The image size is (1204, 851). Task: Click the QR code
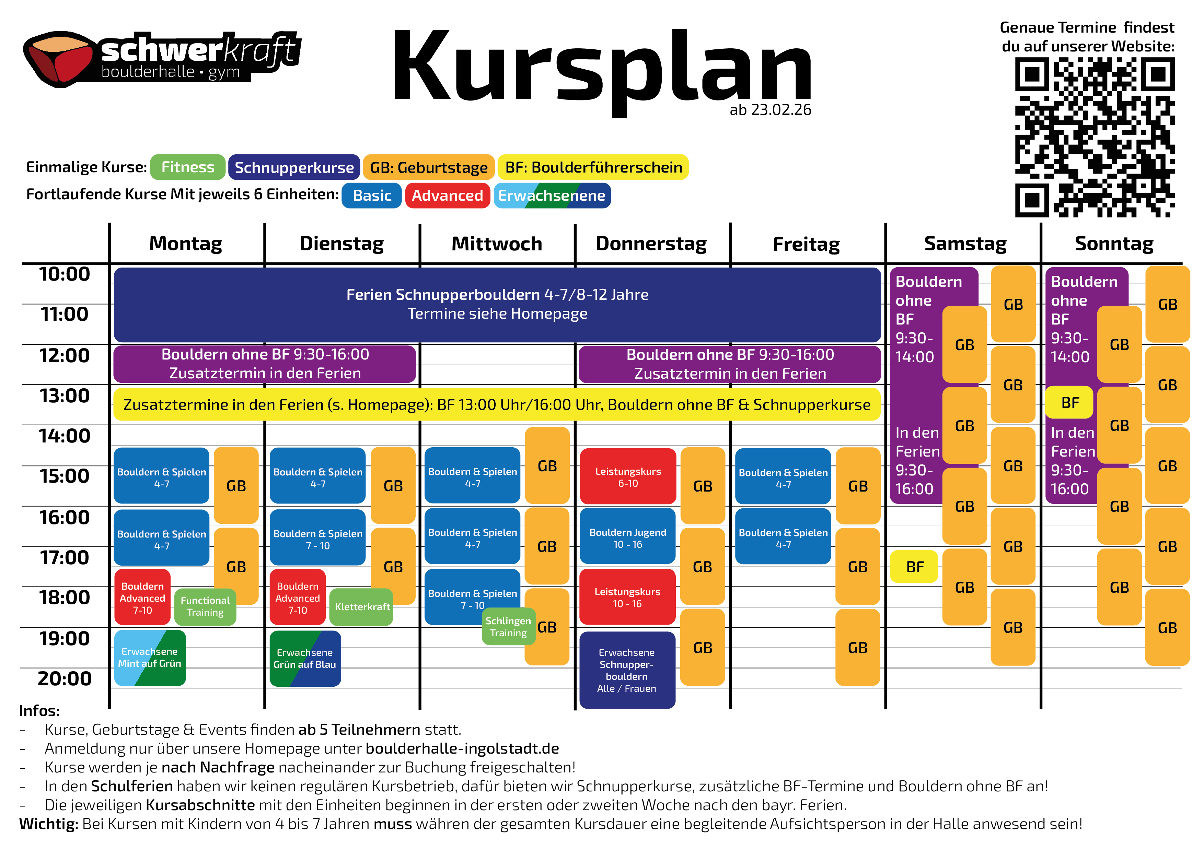coord(1095,137)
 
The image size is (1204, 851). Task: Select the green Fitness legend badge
coord(188,167)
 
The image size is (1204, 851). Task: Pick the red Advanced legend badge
coord(447,196)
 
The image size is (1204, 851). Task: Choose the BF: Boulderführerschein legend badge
coord(593,167)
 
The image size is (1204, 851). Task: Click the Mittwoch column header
coord(497,244)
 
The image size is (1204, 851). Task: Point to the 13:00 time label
coord(65,396)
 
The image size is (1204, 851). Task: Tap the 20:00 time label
coord(65,678)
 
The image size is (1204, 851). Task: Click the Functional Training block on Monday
coord(205,606)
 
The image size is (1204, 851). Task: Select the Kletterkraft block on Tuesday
coord(362,607)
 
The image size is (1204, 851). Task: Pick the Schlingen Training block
coord(508,627)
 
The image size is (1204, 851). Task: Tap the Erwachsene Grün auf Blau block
coord(305,658)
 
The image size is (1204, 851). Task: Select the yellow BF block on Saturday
coord(915,566)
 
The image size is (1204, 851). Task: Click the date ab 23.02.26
coord(770,110)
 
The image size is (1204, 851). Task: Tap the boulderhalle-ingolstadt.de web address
coord(462,748)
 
